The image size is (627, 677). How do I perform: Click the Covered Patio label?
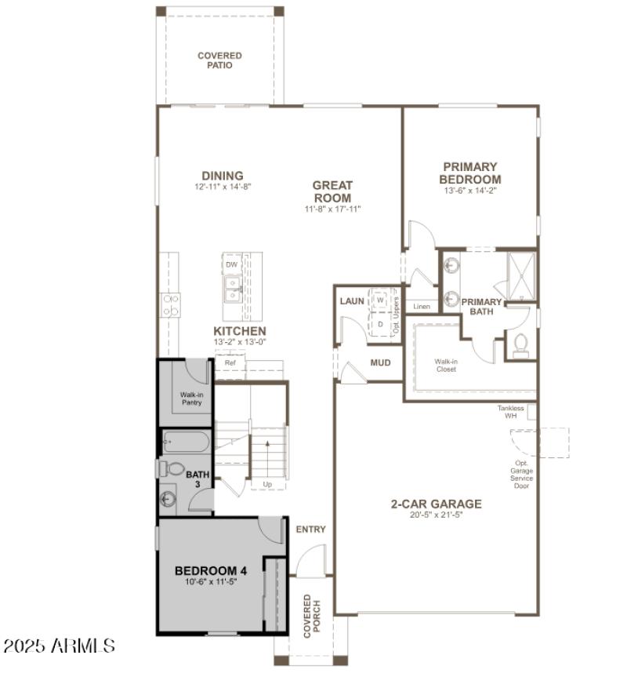pyautogui.click(x=219, y=60)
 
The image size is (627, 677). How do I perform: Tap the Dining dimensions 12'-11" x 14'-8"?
pyautogui.click(x=223, y=187)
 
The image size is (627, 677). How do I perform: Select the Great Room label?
pyautogui.click(x=332, y=191)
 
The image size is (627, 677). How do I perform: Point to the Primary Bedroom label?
pyautogui.click(x=469, y=173)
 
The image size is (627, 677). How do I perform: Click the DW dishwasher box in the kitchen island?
pyautogui.click(x=231, y=264)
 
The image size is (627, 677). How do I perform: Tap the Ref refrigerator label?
pyautogui.click(x=230, y=363)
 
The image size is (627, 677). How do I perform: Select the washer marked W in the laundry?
pyautogui.click(x=380, y=300)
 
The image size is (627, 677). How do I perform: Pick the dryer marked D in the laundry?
pyautogui.click(x=380, y=322)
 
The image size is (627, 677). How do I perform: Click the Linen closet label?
pyautogui.click(x=422, y=306)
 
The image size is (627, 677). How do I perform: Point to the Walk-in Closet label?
pyautogui.click(x=446, y=365)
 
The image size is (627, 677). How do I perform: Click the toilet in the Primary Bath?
pyautogui.click(x=520, y=345)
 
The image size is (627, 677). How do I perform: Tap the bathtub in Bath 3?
pyautogui.click(x=186, y=442)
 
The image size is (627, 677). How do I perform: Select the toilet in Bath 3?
pyautogui.click(x=172, y=469)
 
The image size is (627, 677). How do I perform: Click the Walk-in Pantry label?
pyautogui.click(x=191, y=399)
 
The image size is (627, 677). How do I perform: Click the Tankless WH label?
pyautogui.click(x=510, y=412)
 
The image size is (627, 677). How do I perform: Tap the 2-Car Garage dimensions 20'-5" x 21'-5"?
pyautogui.click(x=436, y=515)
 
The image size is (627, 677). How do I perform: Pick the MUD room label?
pyautogui.click(x=381, y=363)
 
